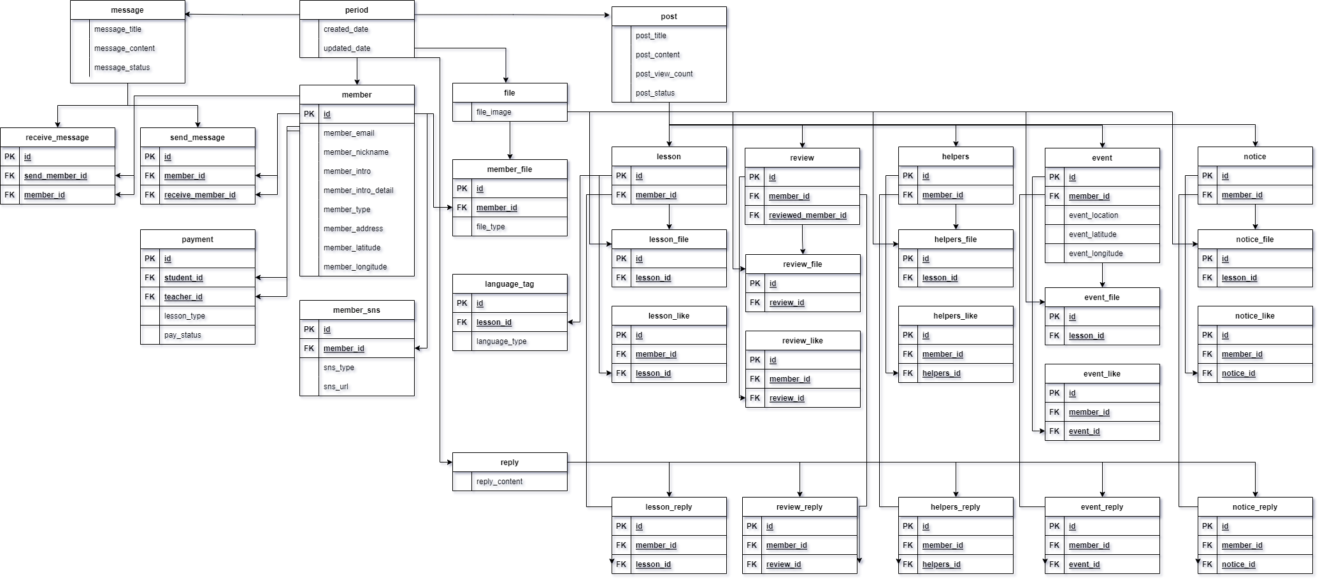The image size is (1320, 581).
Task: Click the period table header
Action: (357, 10)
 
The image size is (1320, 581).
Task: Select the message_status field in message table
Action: (122, 68)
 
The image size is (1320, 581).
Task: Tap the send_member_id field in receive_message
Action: (55, 176)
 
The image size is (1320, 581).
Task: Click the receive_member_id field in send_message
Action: (200, 195)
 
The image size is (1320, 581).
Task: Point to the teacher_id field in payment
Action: (183, 297)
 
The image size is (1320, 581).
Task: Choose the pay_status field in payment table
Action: (183, 335)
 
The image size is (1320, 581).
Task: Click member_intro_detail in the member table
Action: (358, 190)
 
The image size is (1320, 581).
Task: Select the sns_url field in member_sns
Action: (336, 387)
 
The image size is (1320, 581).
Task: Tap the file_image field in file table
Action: (494, 112)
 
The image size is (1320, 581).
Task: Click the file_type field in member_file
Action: (491, 227)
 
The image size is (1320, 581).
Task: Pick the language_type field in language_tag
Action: (501, 341)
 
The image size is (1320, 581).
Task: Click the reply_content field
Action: (499, 482)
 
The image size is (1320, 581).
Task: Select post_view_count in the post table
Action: (664, 74)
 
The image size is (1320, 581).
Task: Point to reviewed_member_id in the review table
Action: (808, 215)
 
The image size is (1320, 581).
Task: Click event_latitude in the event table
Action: (1093, 234)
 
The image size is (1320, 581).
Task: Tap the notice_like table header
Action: (1254, 316)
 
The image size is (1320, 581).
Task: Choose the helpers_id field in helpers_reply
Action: (941, 564)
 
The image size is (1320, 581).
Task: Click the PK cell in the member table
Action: (309, 114)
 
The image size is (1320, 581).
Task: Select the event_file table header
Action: (1101, 298)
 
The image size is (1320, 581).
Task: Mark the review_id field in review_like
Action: (787, 398)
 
